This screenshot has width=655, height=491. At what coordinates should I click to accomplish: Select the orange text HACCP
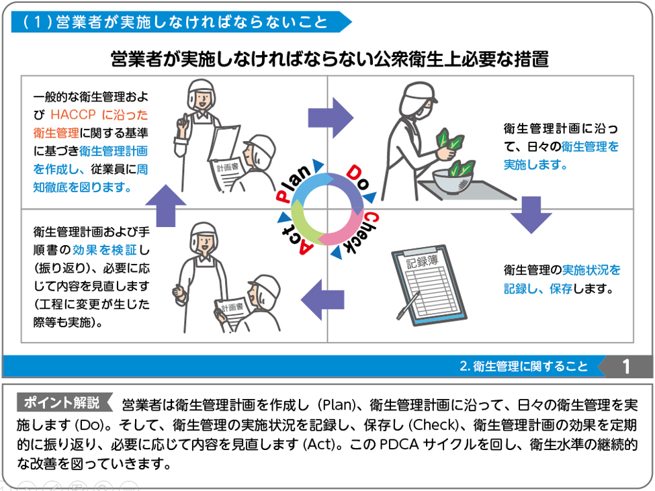click(x=75, y=114)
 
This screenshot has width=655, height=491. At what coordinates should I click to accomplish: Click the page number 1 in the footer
click(x=626, y=366)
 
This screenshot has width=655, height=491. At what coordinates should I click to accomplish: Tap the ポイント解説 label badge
click(x=62, y=403)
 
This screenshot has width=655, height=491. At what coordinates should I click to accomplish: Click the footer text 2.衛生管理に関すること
click(x=523, y=367)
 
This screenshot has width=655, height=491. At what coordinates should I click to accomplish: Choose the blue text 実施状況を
click(x=591, y=270)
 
